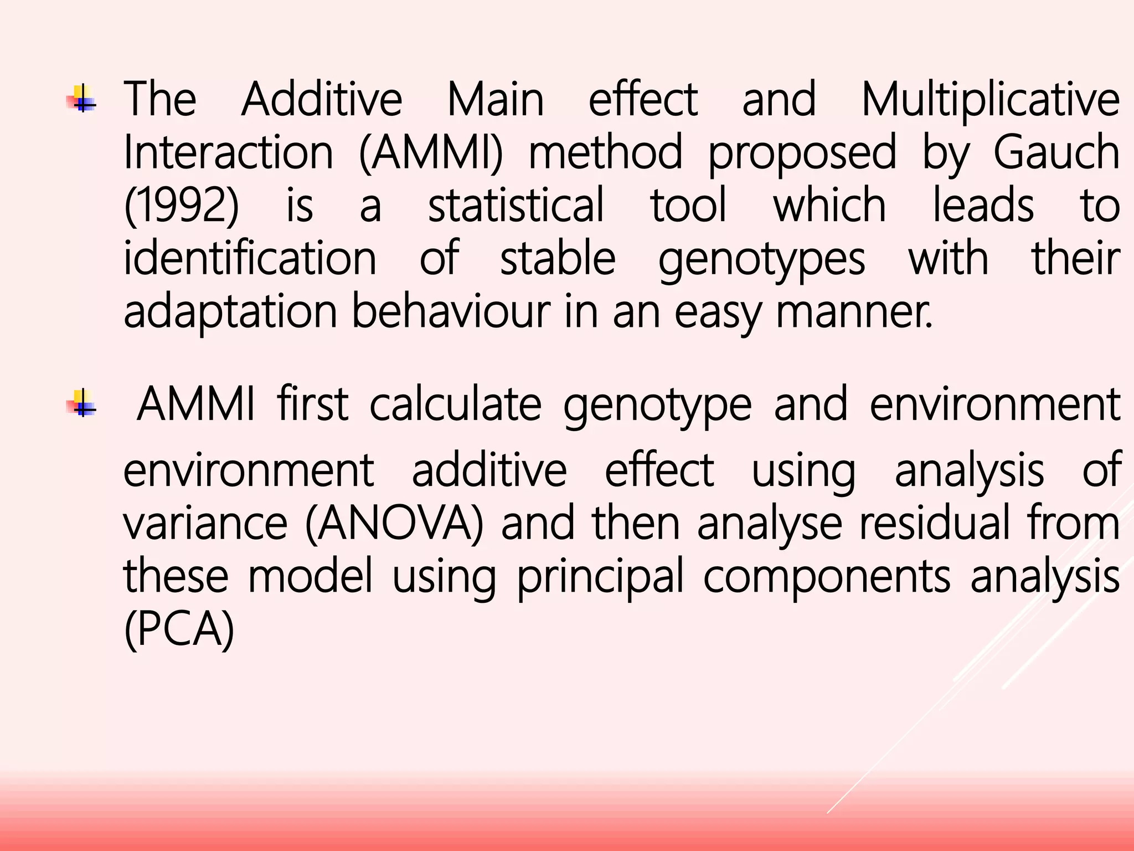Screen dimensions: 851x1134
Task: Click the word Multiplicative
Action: pyautogui.click(x=991, y=100)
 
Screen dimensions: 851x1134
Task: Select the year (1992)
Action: pyautogui.click(x=182, y=206)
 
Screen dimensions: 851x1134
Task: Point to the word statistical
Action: pyautogui.click(x=516, y=206)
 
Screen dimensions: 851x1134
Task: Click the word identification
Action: pyautogui.click(x=250, y=259)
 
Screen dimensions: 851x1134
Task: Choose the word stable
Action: pyautogui.click(x=558, y=259)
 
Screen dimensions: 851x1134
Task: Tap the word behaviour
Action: pyautogui.click(x=451, y=311)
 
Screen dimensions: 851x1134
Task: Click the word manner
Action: pyautogui.click(x=854, y=311)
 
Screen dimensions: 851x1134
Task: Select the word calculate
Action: pyautogui.click(x=455, y=404)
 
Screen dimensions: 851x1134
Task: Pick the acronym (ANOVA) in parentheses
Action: pyautogui.click(x=394, y=524)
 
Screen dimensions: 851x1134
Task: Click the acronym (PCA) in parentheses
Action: pyautogui.click(x=179, y=630)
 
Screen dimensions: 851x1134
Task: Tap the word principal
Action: pyautogui.click(x=601, y=577)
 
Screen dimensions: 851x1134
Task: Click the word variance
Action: pyautogui.click(x=205, y=524)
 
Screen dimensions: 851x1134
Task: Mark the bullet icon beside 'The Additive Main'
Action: pyautogui.click(x=82, y=99)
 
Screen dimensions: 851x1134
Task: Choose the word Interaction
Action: pyautogui.click(x=228, y=152)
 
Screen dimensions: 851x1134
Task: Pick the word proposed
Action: pyautogui.click(x=802, y=152)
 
